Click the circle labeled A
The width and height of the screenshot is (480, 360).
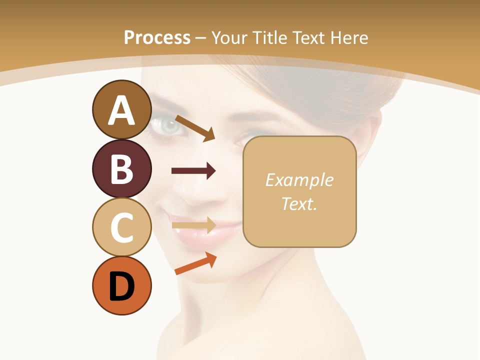(x=121, y=110)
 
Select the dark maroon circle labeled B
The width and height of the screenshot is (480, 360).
(x=121, y=169)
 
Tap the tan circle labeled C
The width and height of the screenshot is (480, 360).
(x=121, y=227)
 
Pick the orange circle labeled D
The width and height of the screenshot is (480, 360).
(x=121, y=285)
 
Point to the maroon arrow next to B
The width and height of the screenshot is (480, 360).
(x=193, y=171)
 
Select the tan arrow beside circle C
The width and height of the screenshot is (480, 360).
(x=193, y=225)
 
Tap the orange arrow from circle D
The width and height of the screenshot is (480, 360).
(x=195, y=263)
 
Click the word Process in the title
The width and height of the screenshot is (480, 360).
(x=157, y=37)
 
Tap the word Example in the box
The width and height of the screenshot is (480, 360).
(x=299, y=180)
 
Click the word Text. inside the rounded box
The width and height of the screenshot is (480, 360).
(x=299, y=203)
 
